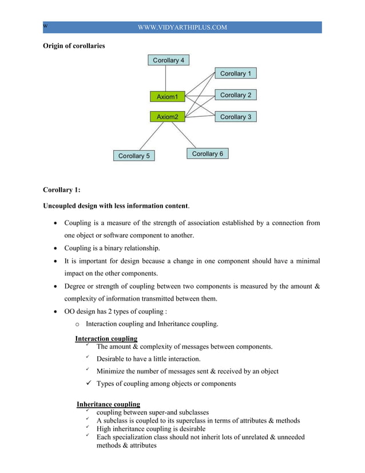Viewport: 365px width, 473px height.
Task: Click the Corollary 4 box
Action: [x=168, y=60]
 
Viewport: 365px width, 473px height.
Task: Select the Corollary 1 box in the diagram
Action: [x=235, y=73]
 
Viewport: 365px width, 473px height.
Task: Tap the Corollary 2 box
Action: [x=235, y=95]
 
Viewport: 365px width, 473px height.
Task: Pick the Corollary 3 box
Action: [x=235, y=117]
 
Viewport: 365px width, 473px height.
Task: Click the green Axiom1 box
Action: [x=167, y=96]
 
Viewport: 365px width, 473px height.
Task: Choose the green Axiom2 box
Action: [x=167, y=117]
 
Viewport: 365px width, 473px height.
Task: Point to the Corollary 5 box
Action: [x=134, y=155]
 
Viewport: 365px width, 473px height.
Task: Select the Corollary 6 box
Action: [x=207, y=153]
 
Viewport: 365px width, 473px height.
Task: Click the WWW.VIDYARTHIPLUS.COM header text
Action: [x=182, y=27]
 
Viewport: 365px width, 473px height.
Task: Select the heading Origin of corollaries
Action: [x=74, y=46]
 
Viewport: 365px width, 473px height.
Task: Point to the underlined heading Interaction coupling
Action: [x=106, y=338]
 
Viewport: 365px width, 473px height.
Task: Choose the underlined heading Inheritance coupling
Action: [x=108, y=404]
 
